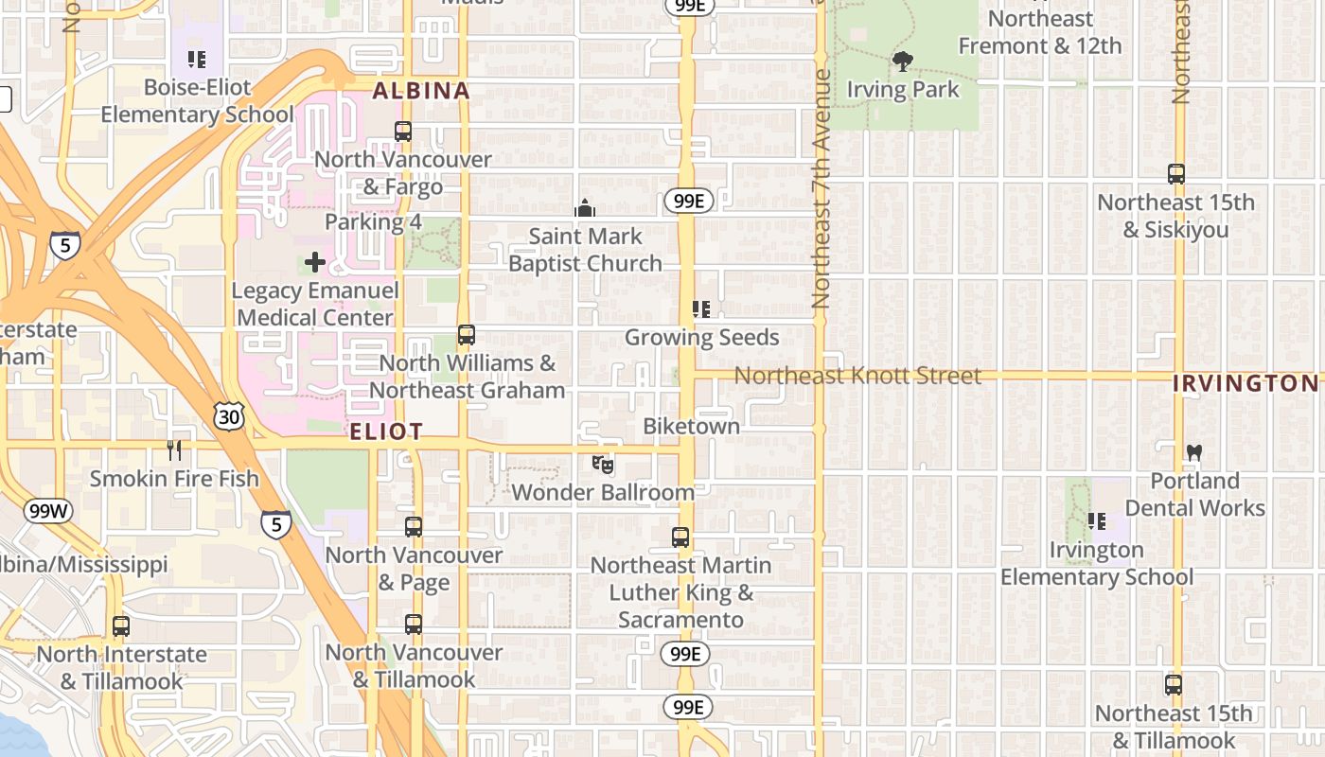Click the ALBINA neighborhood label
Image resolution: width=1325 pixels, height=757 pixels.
click(421, 91)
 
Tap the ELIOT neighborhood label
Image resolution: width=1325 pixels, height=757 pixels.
click(386, 432)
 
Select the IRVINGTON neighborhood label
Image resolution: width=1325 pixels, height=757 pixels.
click(1245, 383)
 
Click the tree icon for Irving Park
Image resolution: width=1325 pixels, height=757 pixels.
click(903, 62)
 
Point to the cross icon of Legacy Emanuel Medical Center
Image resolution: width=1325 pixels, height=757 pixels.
click(315, 262)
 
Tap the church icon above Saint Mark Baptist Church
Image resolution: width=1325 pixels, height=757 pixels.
click(585, 208)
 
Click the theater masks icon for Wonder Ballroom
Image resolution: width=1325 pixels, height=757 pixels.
click(603, 465)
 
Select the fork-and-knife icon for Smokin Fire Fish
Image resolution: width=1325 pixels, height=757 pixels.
click(174, 450)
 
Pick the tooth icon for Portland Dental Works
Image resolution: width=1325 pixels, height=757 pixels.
click(1194, 453)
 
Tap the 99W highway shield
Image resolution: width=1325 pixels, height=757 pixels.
click(47, 512)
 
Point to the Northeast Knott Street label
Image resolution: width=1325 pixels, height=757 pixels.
click(857, 376)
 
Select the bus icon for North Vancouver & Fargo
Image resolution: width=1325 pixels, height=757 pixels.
click(403, 132)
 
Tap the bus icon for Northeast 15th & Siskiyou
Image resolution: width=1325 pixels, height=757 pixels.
click(1176, 174)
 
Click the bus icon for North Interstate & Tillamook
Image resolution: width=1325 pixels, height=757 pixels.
click(120, 626)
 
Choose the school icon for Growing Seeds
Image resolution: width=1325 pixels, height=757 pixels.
click(701, 309)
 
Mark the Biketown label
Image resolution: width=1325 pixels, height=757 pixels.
click(691, 427)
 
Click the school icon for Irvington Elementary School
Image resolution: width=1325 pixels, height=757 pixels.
click(1097, 521)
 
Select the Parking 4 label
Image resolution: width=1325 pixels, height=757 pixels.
click(373, 222)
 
